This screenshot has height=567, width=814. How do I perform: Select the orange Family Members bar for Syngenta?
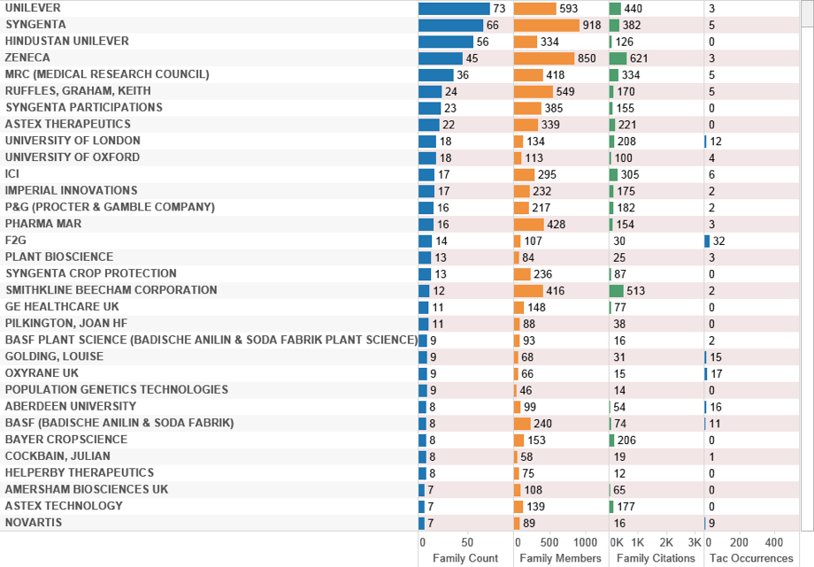pos(546,25)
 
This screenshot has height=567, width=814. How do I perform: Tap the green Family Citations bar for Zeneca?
pos(618,58)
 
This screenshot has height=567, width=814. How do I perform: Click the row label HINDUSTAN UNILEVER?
pos(67,42)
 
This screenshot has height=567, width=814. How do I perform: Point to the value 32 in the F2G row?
pos(719,241)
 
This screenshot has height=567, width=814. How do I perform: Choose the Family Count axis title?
pos(465,558)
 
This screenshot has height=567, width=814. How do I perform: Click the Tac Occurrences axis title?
pos(749,558)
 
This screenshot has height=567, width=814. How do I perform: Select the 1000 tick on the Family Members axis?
pos(585,542)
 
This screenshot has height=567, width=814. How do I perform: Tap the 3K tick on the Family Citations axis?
pos(695,542)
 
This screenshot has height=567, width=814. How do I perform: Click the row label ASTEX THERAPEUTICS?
pos(68,125)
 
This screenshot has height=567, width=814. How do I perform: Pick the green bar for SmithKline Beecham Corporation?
pos(616,290)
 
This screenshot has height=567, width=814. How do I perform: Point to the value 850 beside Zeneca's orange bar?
pos(587,58)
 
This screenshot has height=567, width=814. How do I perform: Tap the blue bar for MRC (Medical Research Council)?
pos(435,75)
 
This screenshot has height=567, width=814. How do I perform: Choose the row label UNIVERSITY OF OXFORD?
pos(73,157)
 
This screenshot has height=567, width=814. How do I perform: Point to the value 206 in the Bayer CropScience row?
pos(627,440)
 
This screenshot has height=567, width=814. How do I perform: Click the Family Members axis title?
pos(560,558)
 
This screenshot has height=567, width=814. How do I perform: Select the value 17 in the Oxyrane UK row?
pos(717,373)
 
